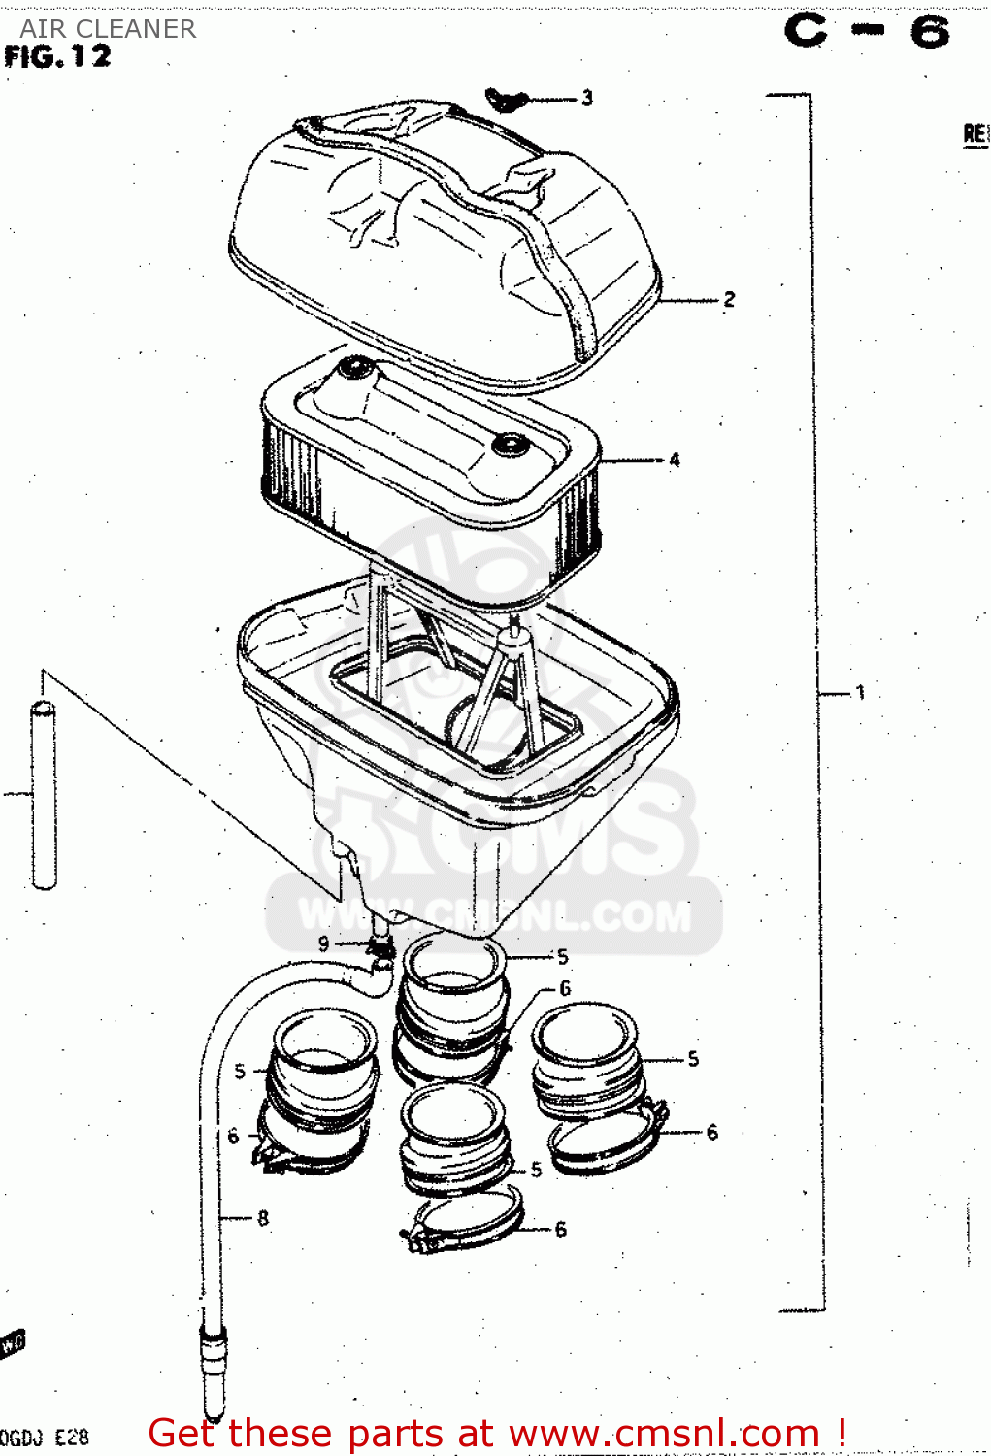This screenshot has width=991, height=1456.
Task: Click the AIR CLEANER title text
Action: pos(108,29)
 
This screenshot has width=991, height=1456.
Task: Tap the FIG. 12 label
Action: pos(58,57)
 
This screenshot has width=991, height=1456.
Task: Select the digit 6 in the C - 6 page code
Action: pos(929,33)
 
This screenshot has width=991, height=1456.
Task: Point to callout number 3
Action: pos(587,98)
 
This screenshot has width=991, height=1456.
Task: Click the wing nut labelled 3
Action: pos(506,99)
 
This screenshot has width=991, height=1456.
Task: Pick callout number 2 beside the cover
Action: pos(729,300)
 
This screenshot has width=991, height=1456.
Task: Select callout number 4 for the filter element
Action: pos(674,460)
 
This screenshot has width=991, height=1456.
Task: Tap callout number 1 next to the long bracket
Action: pos(860,693)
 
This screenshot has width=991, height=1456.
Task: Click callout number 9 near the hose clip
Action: pos(324,943)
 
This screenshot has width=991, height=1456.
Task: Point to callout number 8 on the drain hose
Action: pos(263,1218)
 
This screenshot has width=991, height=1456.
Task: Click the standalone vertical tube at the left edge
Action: pos(44,796)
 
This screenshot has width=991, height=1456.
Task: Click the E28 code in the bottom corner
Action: pos(72,1438)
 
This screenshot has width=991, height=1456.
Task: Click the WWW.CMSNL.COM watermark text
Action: pos(495,915)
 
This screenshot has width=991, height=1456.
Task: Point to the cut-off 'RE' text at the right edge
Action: pos(975,134)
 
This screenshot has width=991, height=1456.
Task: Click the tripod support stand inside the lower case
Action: pos(510,679)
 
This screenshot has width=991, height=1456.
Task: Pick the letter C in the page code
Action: pos(807,31)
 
